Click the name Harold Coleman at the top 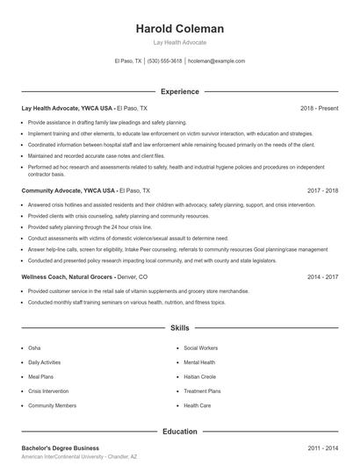click(179, 29)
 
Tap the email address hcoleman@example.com click(216, 61)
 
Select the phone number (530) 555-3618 click(164, 61)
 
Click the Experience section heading click(179, 91)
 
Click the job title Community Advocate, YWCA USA click(68, 190)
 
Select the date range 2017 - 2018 click(323, 190)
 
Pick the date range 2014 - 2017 click(323, 275)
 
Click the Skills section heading click(179, 328)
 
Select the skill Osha click(34, 347)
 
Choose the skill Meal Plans click(40, 376)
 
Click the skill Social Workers click(202, 347)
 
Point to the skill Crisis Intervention click(49, 391)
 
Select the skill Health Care click(198, 405)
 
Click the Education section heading click(179, 432)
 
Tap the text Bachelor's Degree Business click(61, 447)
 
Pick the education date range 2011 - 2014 click(323, 447)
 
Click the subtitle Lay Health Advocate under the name click(179, 42)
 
